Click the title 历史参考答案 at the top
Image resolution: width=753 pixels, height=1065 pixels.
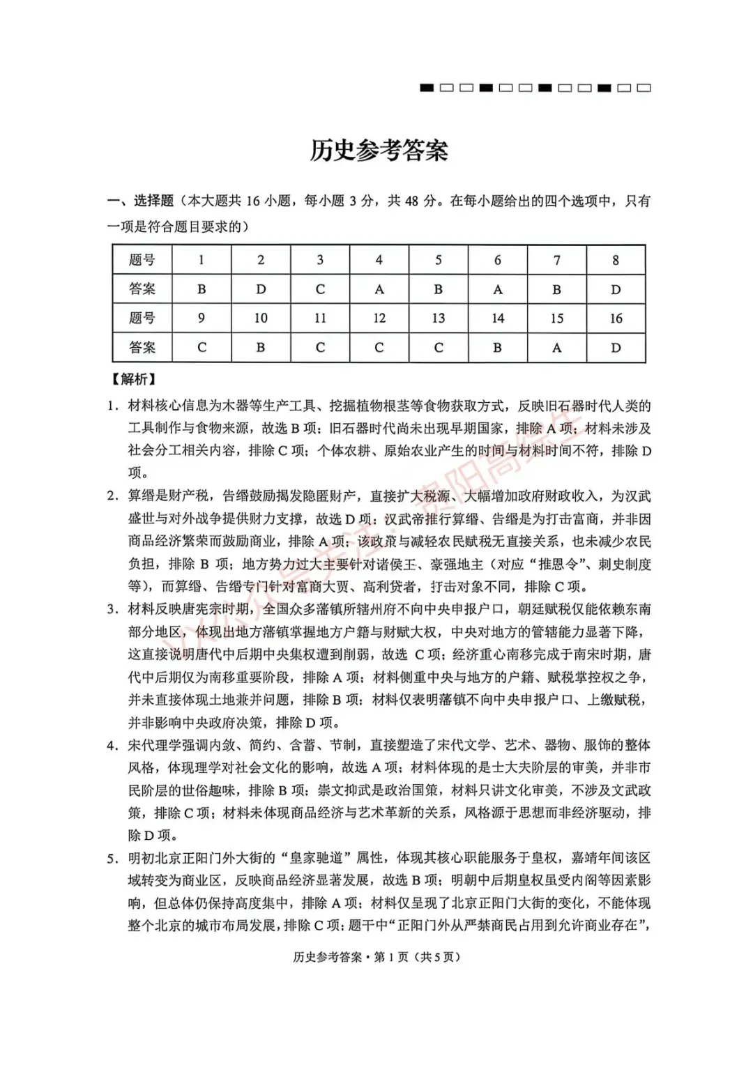click(x=379, y=151)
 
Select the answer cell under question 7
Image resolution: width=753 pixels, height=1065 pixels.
click(x=556, y=289)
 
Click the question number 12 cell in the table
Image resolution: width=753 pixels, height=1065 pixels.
click(x=379, y=319)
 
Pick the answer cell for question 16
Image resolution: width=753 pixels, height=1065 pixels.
click(x=616, y=348)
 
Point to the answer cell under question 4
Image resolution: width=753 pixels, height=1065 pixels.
click(x=379, y=289)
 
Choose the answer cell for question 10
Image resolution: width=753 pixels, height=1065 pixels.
click(x=260, y=348)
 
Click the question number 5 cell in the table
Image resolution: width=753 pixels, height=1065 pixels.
click(x=438, y=260)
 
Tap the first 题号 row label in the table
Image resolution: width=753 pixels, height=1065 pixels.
click(x=142, y=260)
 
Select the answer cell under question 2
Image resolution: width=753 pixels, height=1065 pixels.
click(x=260, y=289)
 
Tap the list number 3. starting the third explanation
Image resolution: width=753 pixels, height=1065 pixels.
click(x=113, y=609)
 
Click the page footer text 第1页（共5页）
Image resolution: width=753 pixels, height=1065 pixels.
click(x=417, y=957)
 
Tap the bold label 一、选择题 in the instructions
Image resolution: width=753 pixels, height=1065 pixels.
click(x=140, y=201)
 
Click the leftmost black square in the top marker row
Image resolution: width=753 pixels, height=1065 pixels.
click(x=427, y=88)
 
